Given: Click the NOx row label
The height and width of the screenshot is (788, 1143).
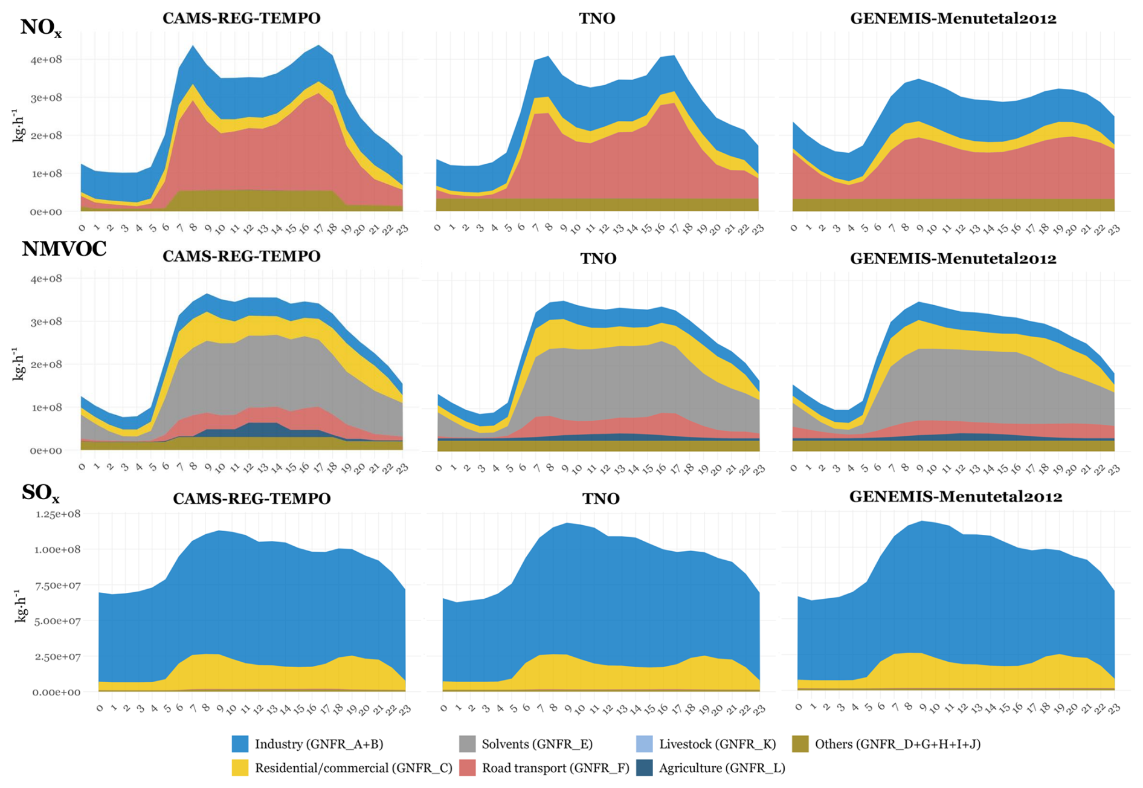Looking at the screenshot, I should pyautogui.click(x=40, y=28).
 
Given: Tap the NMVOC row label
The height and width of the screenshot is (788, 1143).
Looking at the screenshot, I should pyautogui.click(x=64, y=248).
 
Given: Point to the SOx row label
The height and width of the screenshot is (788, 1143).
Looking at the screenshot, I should pyautogui.click(x=40, y=493).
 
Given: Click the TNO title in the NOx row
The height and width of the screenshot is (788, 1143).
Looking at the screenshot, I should pyautogui.click(x=597, y=19).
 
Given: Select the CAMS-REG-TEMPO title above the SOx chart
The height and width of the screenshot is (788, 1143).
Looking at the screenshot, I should pyautogui.click(x=252, y=499).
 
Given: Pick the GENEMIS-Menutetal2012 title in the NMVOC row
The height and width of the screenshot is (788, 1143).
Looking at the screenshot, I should pyautogui.click(x=953, y=259).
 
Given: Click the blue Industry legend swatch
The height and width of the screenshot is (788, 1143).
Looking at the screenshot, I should pyautogui.click(x=240, y=744).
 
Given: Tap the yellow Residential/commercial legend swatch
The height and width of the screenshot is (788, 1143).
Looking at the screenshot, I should pyautogui.click(x=240, y=768).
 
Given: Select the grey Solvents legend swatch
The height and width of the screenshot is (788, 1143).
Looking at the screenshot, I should pyautogui.click(x=468, y=744).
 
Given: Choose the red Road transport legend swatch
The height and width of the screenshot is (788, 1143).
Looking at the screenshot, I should pyautogui.click(x=468, y=768).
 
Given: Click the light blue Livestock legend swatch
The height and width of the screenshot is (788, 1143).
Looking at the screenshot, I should pyautogui.click(x=645, y=744).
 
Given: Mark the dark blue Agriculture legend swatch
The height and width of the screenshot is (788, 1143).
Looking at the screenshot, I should pyautogui.click(x=645, y=768).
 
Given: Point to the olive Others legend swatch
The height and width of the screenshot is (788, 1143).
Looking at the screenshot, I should pyautogui.click(x=800, y=744).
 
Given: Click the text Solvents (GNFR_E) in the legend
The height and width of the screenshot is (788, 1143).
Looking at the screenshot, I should pyautogui.click(x=537, y=744).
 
